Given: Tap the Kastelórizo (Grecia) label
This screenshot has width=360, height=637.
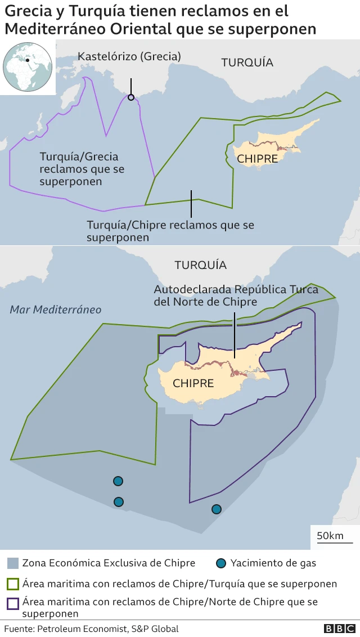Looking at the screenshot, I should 129,56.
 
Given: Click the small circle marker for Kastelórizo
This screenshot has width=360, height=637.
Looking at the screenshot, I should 131,97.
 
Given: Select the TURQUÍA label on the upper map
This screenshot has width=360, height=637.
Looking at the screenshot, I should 247,62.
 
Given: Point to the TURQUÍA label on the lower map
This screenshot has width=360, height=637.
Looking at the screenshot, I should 200,265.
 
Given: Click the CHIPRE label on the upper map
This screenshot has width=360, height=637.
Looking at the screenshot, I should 257,159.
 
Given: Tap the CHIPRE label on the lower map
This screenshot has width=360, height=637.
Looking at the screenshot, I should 193,383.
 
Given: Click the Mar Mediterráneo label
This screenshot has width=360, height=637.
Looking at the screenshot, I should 56,309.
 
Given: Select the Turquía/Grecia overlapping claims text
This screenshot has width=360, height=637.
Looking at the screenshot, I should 82,169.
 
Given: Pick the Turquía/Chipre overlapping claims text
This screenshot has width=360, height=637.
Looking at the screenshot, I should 170,231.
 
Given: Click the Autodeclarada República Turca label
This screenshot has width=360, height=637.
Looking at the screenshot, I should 236,295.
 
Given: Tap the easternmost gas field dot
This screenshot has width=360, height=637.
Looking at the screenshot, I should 216,509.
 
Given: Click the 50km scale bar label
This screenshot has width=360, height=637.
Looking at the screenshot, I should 330,535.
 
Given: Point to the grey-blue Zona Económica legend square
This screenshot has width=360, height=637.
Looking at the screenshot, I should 12,563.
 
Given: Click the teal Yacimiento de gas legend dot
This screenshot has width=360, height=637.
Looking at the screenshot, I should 221,563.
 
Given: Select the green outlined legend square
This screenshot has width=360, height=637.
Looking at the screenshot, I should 12,584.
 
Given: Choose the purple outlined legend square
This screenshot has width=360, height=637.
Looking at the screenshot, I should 12,604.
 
